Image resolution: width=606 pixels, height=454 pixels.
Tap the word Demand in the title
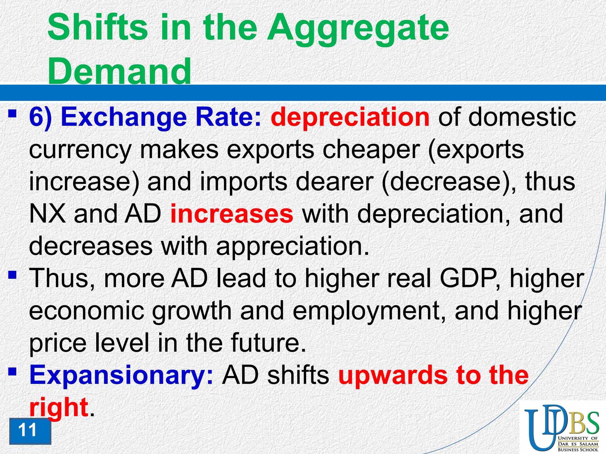coord(119,71)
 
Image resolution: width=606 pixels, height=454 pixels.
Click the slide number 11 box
coord(30,431)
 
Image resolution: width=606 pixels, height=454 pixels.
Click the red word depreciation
coord(350,117)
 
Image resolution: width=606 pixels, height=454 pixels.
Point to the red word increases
coord(232,214)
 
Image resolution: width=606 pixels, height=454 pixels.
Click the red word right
coord(59,407)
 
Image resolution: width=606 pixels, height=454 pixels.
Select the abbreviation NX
coord(47,214)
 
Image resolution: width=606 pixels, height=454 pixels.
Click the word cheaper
coord(371,150)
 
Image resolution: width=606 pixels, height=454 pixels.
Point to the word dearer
coord(334,181)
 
